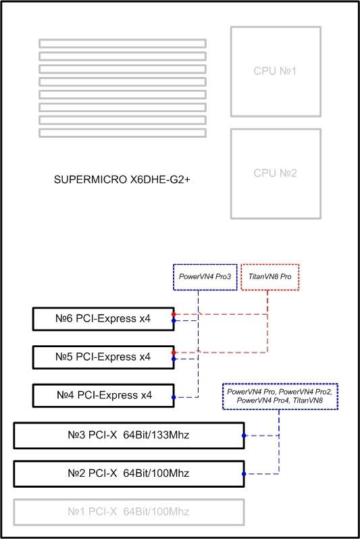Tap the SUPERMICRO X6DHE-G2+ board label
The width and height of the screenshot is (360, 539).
click(x=122, y=180)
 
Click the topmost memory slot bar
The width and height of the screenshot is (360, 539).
click(x=122, y=43)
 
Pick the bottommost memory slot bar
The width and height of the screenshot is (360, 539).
click(x=122, y=132)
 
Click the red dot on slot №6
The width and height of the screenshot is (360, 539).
click(x=174, y=314)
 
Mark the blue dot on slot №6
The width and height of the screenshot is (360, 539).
click(x=174, y=321)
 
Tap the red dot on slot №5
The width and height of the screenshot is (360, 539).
click(x=174, y=353)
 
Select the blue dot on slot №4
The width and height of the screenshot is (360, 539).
click(x=174, y=397)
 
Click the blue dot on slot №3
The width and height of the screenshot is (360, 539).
click(x=244, y=436)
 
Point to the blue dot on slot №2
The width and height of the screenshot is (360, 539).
click(x=244, y=474)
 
